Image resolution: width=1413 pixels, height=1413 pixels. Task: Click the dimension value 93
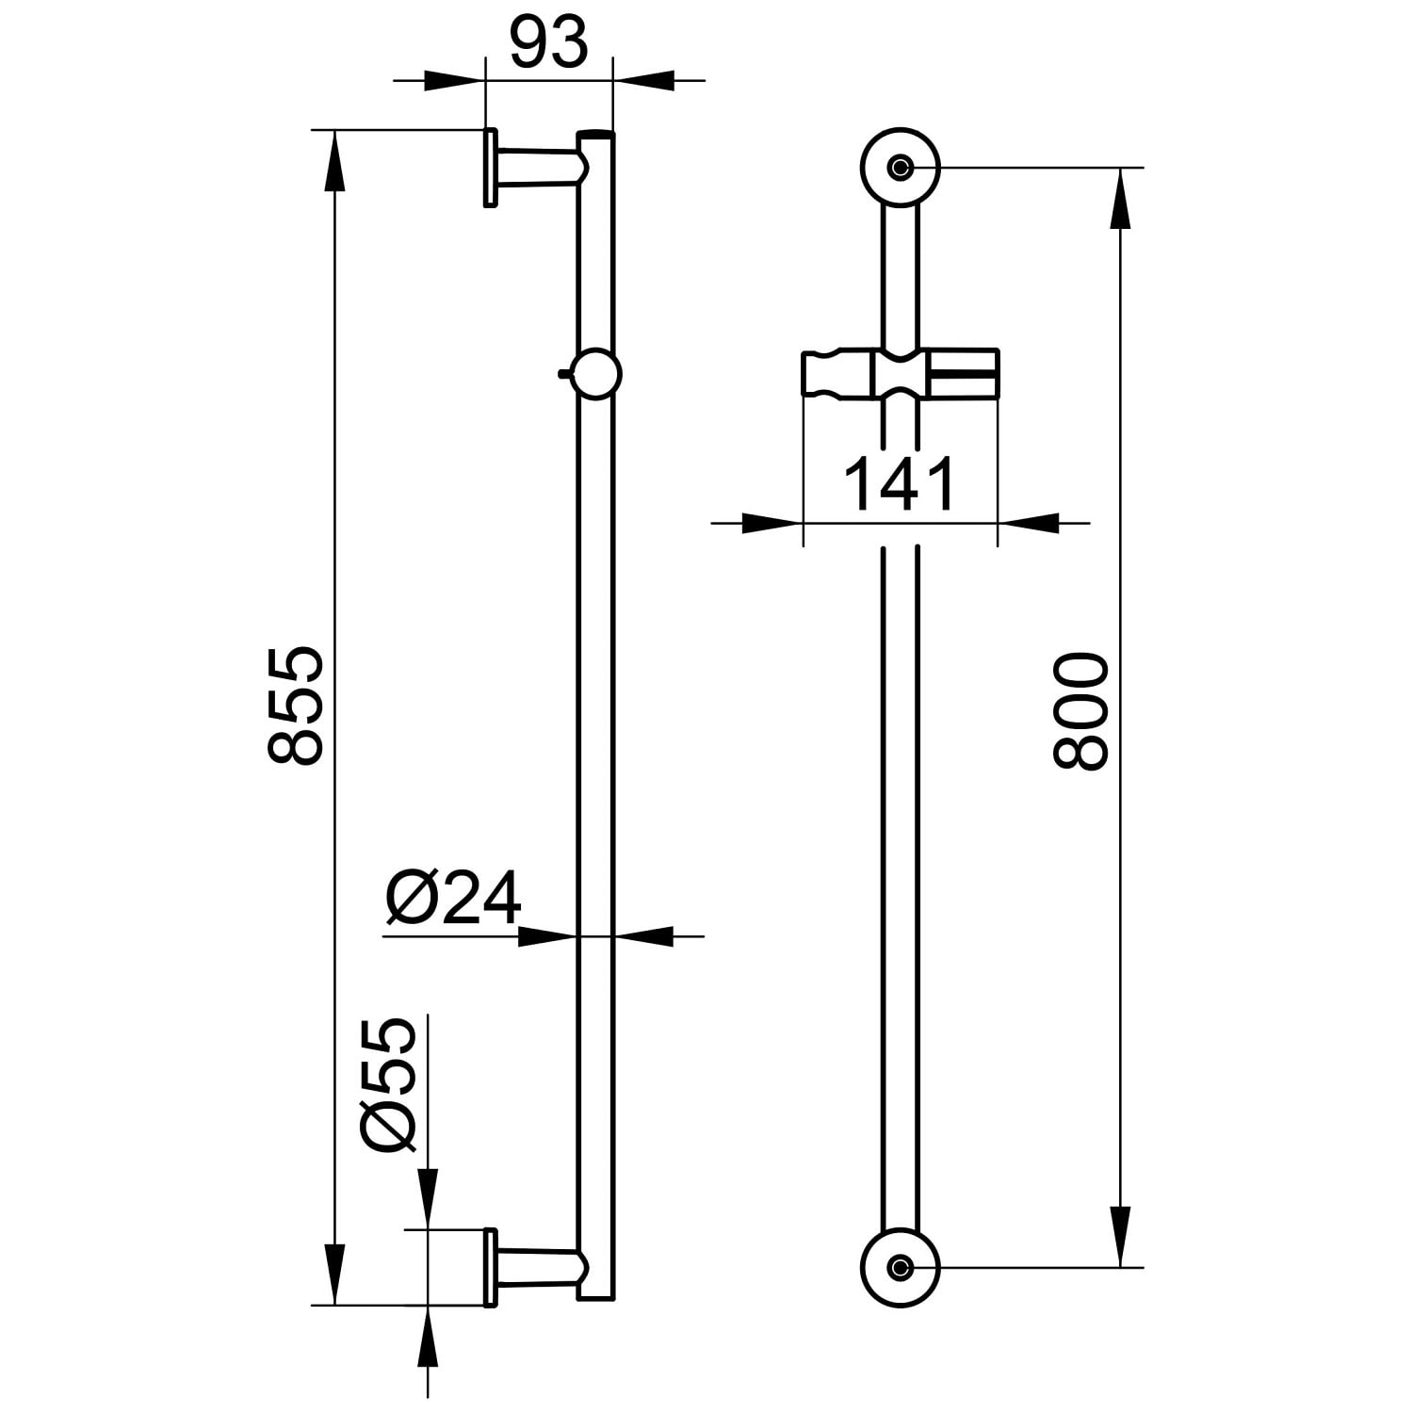(x=548, y=43)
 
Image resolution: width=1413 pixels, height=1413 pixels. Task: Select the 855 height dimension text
(x=296, y=705)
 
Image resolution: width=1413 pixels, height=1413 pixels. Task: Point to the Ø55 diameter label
(x=388, y=1085)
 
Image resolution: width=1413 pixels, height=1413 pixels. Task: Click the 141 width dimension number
(x=900, y=484)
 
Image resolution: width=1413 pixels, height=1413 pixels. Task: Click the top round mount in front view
(x=901, y=168)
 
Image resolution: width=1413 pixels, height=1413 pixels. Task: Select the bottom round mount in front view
(x=901, y=1267)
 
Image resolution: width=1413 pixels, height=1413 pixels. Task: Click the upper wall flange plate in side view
(x=490, y=168)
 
